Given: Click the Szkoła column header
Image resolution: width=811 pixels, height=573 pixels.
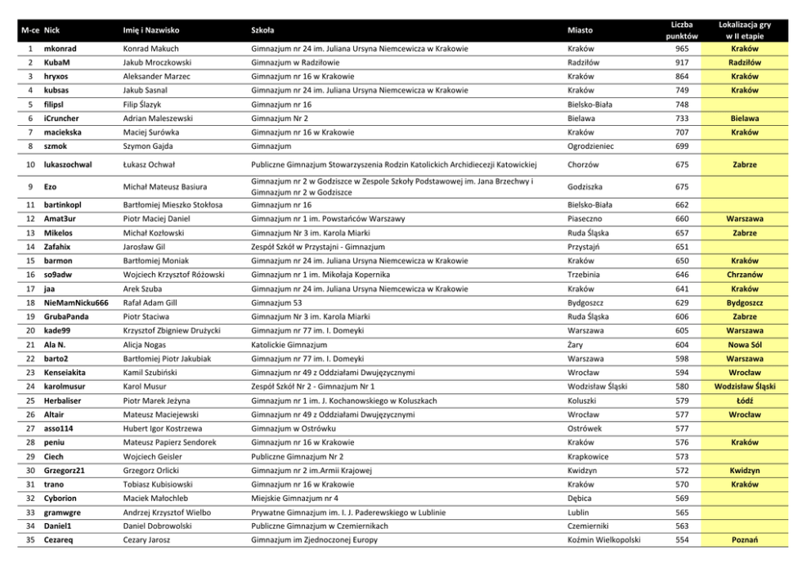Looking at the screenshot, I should pos(262,30).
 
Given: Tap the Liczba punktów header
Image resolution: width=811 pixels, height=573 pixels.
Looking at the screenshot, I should pos(681,30).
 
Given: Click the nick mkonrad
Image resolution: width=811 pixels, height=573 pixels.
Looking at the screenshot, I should pos(60,48).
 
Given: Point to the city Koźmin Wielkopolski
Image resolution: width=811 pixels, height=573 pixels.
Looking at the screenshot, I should pos(603,539).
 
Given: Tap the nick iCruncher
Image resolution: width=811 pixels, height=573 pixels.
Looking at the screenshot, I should pos(63,119).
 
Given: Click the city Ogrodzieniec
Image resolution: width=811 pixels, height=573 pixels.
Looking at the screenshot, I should pos(593,146).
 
